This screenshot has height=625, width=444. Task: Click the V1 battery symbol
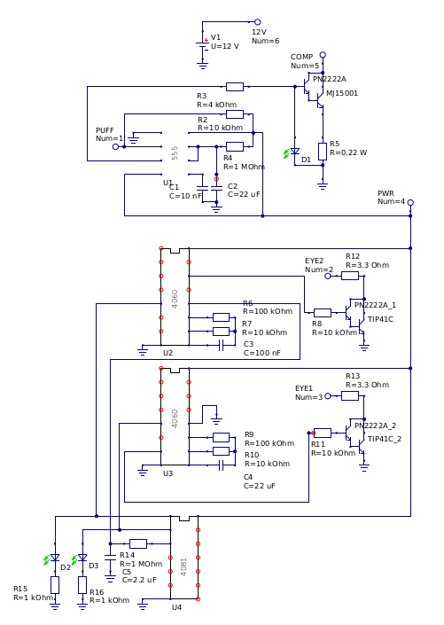pos(202,45)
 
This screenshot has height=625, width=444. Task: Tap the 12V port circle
pos(258,22)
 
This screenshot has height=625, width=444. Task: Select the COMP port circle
pos(323,55)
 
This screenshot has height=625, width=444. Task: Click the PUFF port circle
pos(115,146)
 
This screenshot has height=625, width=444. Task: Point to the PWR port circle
pos(410,202)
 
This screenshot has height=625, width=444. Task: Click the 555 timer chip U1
pos(175,153)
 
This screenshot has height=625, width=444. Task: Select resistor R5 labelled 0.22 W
pos(323,152)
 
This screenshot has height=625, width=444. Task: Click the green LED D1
pos(294,152)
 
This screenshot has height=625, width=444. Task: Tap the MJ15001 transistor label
pos(342,93)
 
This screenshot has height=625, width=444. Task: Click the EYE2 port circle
pos(328,276)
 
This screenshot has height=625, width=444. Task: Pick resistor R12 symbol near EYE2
pos(350,276)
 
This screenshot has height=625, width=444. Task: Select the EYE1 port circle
pos(328,395)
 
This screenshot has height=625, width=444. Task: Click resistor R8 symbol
pos(323,313)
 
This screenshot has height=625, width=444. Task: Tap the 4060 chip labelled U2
pos(175,297)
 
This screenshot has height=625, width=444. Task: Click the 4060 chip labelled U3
pos(175,417)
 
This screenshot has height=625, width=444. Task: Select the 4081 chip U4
pos(184,558)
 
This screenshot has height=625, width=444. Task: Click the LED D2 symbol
pos(55,558)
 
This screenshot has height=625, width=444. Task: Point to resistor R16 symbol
pos(82,585)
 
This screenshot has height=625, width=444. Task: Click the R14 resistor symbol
pos(138,543)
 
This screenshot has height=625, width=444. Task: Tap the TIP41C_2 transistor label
pos(385,439)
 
